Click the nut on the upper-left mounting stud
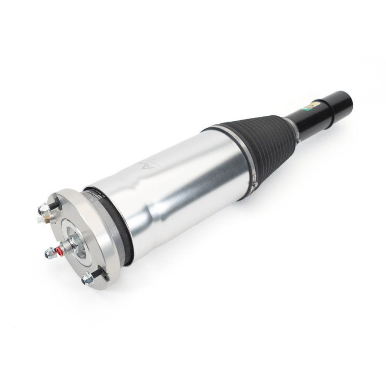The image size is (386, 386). tap(44, 210)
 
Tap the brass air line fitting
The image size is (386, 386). tap(47, 219)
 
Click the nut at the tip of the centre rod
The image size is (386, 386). tap(49, 254)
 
